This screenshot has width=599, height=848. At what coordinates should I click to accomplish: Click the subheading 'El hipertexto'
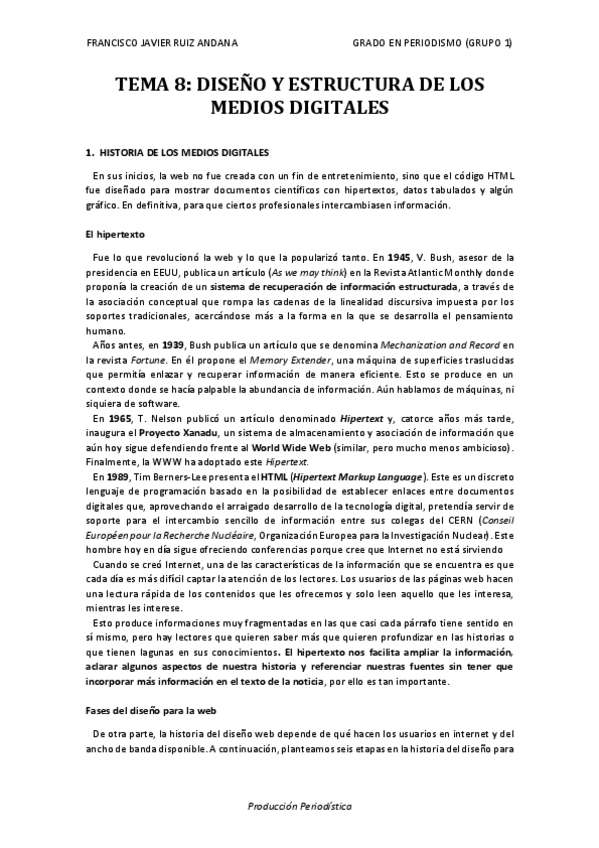tap(116, 234)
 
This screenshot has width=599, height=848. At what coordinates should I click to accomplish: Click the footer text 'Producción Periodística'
tap(299, 805)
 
